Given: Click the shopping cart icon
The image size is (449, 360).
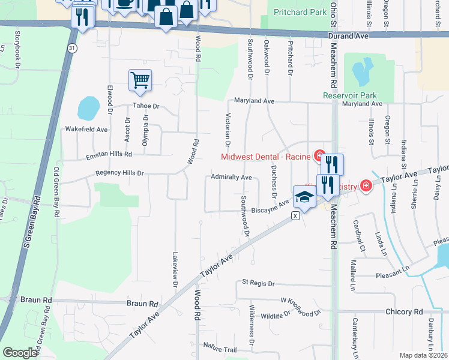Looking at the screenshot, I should [x=140, y=79].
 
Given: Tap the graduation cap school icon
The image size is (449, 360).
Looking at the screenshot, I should [x=304, y=196].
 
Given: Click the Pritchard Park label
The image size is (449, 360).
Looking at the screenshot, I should [x=300, y=12].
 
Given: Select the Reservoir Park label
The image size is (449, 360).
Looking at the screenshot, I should [x=349, y=95].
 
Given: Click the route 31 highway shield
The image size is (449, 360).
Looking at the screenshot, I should [x=72, y=47].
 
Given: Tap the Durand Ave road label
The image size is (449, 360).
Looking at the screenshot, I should [x=348, y=36].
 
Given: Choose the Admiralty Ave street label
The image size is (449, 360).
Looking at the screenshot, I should [x=231, y=178].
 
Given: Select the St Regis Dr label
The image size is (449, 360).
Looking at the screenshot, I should [x=258, y=283].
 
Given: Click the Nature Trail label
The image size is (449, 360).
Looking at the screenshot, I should [x=220, y=347].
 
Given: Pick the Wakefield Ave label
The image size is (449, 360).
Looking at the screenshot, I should [x=86, y=129].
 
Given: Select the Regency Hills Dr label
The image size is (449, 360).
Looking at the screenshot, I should [x=120, y=173].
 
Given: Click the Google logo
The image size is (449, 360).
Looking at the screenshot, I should [x=20, y=352].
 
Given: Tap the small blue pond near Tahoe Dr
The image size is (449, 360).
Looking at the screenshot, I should [x=88, y=109].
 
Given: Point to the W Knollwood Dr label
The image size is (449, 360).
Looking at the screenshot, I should [x=300, y=299].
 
